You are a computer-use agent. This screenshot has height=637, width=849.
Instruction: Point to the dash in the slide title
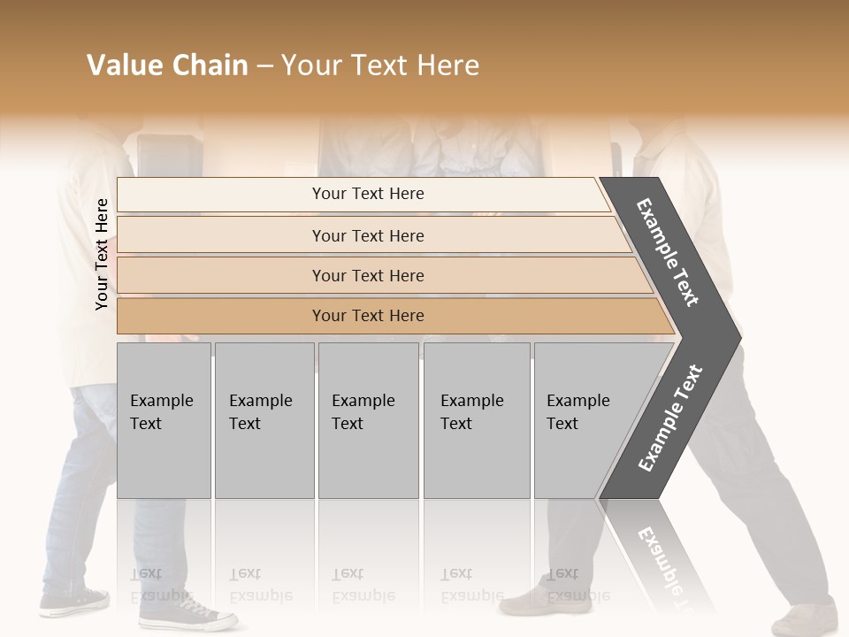pyautogui.click(x=264, y=66)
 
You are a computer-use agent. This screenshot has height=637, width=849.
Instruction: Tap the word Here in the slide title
pyautogui.click(x=447, y=65)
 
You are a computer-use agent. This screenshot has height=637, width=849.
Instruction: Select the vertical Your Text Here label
pyautogui.click(x=102, y=254)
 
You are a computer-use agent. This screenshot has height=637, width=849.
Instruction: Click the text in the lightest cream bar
pyautogui.click(x=368, y=194)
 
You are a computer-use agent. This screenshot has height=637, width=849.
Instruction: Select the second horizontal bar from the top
pyautogui.click(x=368, y=235)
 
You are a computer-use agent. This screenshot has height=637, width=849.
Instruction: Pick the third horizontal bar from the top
pyautogui.click(x=368, y=275)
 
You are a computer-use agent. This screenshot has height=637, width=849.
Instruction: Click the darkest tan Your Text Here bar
pyautogui.click(x=368, y=316)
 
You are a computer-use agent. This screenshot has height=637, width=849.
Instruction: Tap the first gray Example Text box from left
pyautogui.click(x=164, y=419)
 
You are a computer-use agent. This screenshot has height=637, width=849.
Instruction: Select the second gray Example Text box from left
pyautogui.click(x=264, y=419)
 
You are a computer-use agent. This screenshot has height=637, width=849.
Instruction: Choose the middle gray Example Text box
pyautogui.click(x=368, y=419)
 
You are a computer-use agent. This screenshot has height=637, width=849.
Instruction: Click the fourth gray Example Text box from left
pyautogui.click(x=476, y=419)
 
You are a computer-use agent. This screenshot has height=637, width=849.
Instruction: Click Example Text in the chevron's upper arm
pyautogui.click(x=668, y=252)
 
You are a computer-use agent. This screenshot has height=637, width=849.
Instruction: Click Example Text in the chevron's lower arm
pyautogui.click(x=670, y=418)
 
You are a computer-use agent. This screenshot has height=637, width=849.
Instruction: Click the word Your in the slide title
pyautogui.click(x=310, y=65)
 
